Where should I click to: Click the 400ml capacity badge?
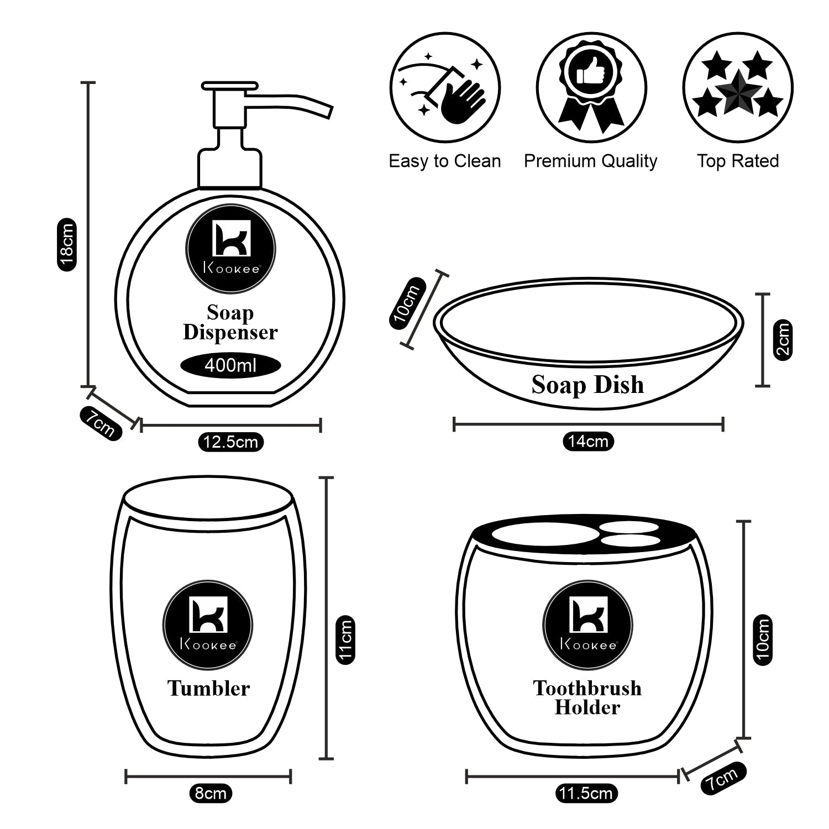pos(231,365)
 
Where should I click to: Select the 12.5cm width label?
pos(230,442)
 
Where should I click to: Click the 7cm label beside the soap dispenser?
pos(101,423)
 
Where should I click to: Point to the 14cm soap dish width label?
pos(588,441)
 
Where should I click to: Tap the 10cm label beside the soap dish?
pos(407,305)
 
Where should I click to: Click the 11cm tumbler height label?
pos(345,639)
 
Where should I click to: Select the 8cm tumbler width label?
pos(211,793)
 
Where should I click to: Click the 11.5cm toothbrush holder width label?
pos(586,794)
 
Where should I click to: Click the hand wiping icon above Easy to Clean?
pos(445,88)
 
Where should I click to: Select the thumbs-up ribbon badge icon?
pos(591,88)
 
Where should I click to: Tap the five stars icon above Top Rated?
pos(737,88)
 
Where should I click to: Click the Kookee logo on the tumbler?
pos(208,625)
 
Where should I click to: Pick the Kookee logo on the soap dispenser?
pos(231,246)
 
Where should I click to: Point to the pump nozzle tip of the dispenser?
pos(329,112)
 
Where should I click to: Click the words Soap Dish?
pos(587,385)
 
